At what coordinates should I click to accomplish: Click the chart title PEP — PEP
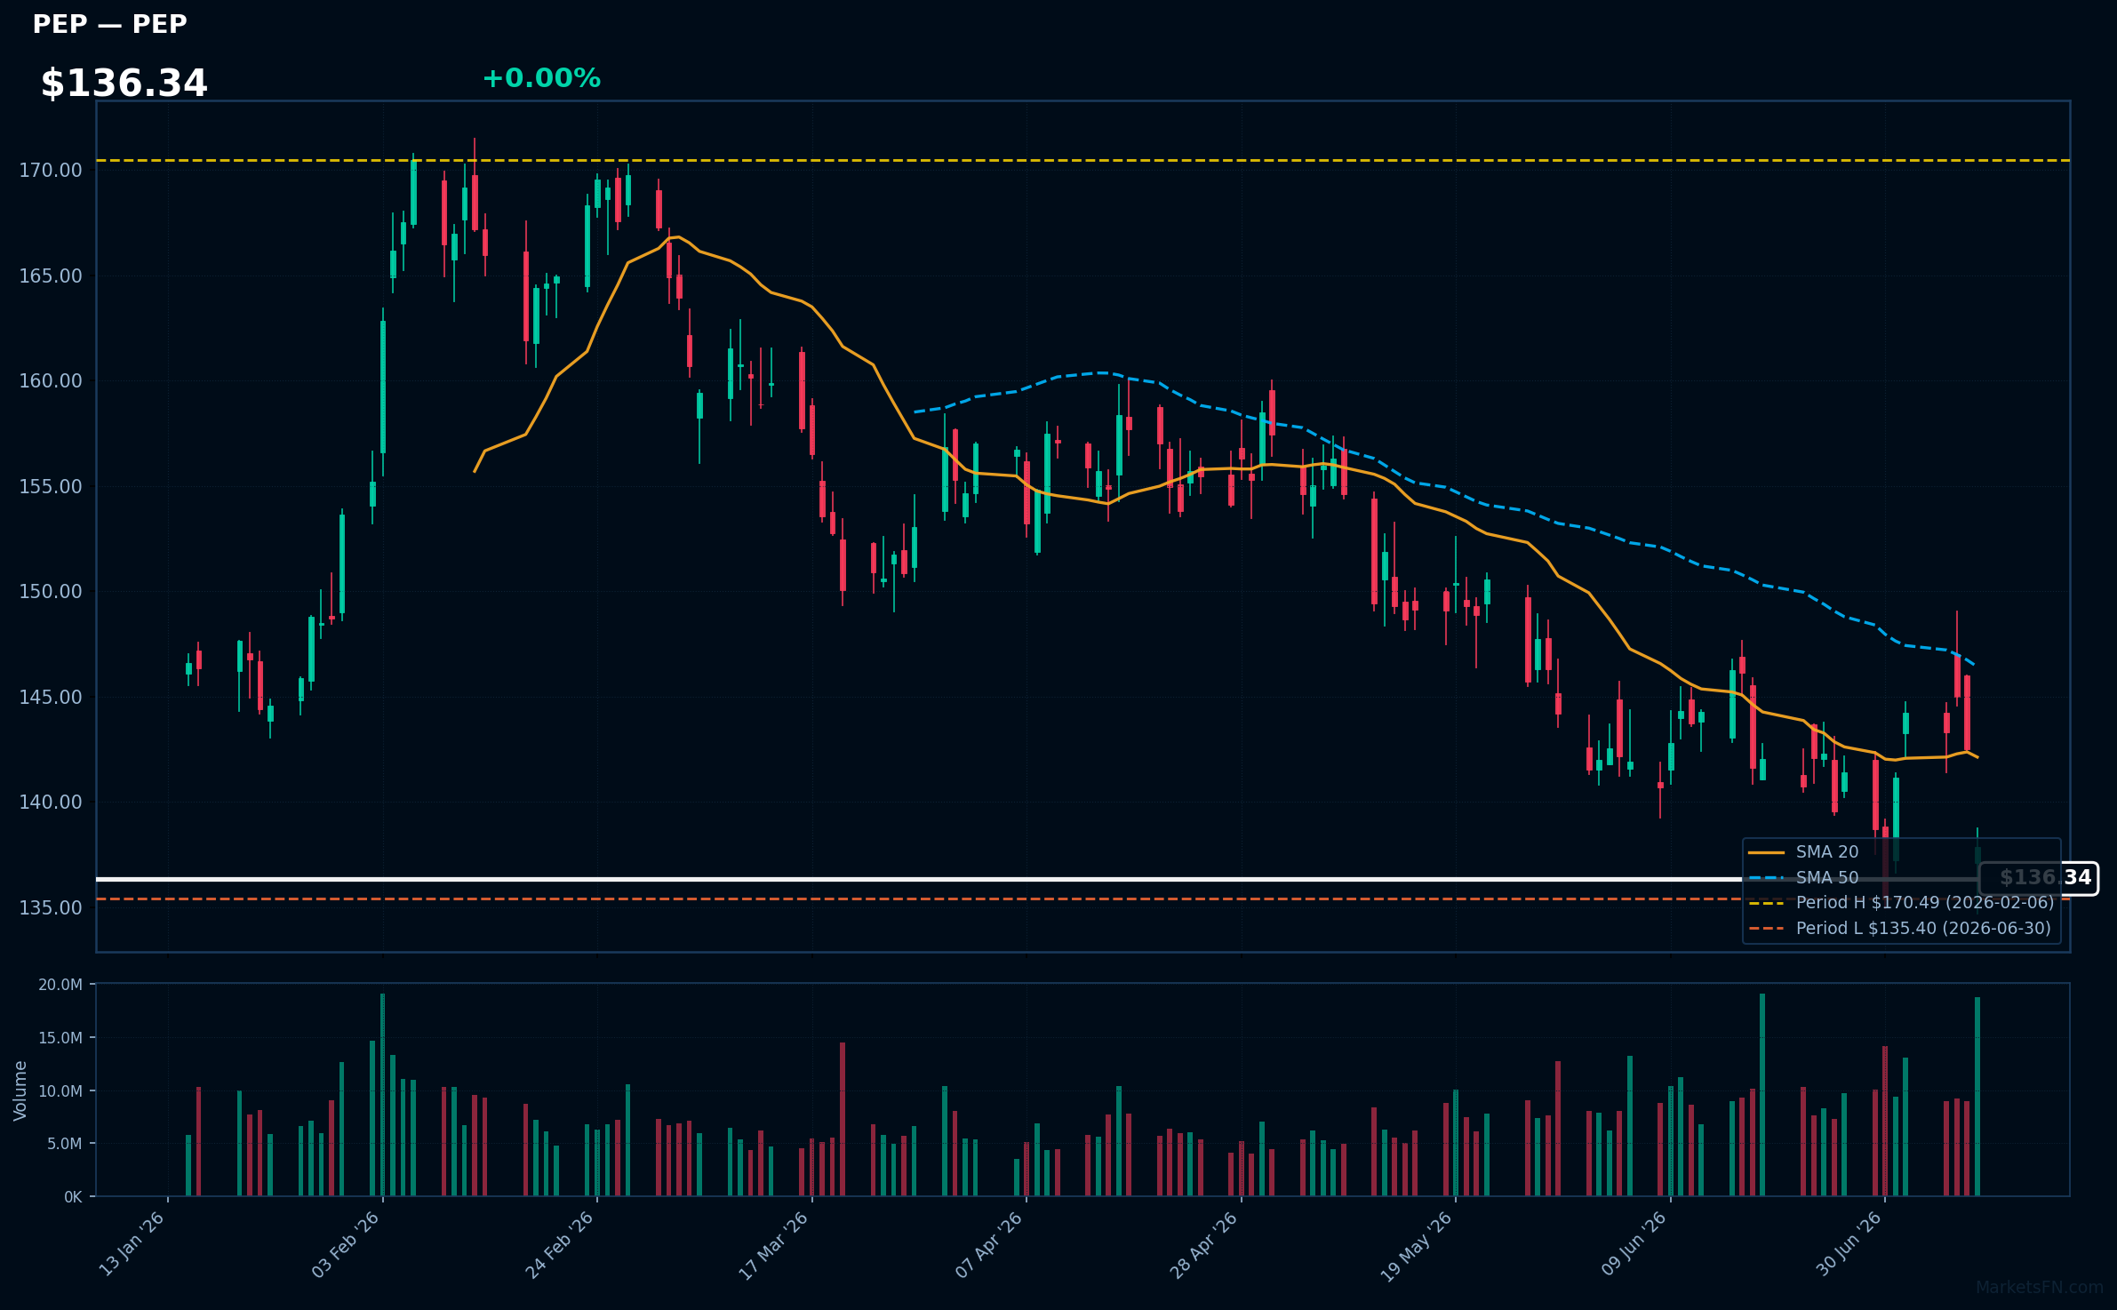point(110,25)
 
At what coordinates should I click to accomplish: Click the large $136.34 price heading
point(124,84)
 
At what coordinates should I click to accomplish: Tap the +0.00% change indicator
point(541,78)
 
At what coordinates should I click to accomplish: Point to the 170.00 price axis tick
point(51,170)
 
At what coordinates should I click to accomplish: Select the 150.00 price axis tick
point(51,592)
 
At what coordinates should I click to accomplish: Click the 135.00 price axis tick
point(51,907)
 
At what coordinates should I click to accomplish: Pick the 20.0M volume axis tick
point(60,985)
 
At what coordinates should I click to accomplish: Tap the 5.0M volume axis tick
point(64,1144)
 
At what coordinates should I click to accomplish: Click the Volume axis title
point(20,1090)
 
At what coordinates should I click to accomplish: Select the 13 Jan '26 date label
point(132,1244)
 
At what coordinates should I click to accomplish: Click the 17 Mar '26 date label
point(774,1245)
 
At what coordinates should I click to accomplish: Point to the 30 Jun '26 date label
point(1849,1244)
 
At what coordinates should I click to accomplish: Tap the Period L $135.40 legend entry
point(1900,929)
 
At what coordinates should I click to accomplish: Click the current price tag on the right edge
point(2039,878)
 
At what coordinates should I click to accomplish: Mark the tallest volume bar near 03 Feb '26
point(382,1094)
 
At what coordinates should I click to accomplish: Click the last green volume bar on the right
point(1977,1096)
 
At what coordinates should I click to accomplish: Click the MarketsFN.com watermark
point(2040,1288)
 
